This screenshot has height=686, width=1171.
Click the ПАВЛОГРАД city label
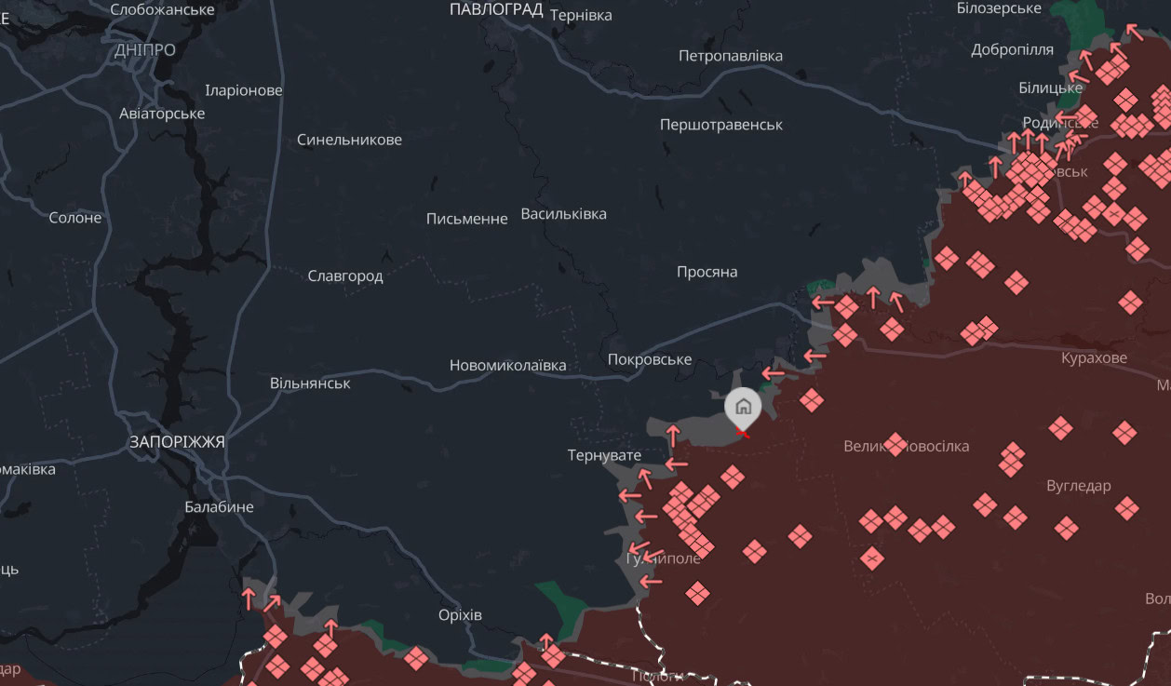[496, 9]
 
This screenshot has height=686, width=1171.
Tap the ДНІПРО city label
[145, 50]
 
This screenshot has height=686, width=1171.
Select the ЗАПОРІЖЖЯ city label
[177, 442]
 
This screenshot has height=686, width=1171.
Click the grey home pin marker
[743, 408]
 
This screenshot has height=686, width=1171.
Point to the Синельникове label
[349, 140]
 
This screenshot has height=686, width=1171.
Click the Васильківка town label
[563, 214]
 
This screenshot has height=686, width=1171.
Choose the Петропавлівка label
[730, 56]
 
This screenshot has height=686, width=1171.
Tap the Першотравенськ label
[720, 125]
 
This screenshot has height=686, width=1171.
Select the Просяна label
[707, 272]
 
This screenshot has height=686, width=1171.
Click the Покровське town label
[649, 360]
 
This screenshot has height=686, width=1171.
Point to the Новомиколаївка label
[507, 366]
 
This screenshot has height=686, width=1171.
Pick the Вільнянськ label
[310, 383]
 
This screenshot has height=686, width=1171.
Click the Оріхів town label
[460, 615]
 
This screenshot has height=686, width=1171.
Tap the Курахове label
[1094, 358]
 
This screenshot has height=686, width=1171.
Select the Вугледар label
[1078, 486]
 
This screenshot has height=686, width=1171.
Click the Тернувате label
[604, 455]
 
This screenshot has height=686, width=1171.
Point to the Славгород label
[344, 276]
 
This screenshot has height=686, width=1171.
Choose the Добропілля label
[1012, 50]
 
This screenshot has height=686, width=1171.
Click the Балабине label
[219, 507]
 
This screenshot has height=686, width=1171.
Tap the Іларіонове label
[243, 91]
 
